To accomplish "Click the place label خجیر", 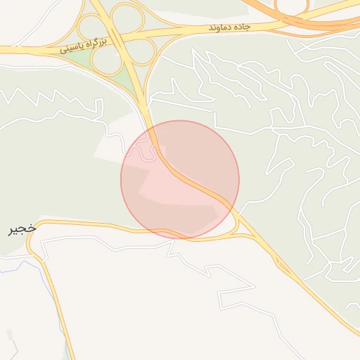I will pos(22,229).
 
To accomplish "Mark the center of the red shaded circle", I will pos(180,180).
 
